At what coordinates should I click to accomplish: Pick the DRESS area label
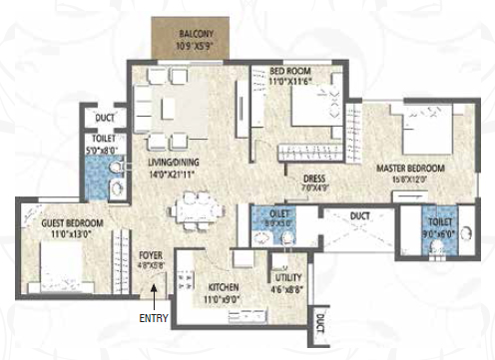(x=316, y=180)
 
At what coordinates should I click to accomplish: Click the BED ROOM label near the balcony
(x=292, y=71)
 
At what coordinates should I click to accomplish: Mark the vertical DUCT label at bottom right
(x=320, y=324)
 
